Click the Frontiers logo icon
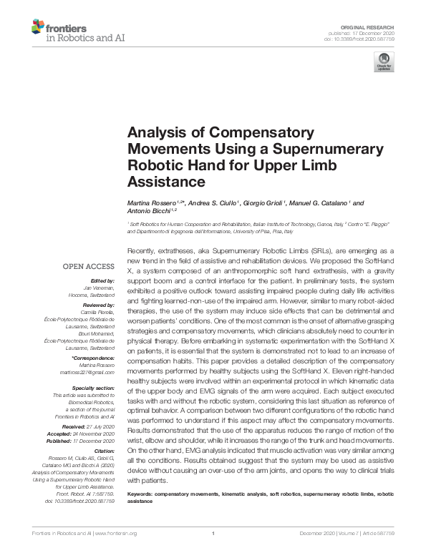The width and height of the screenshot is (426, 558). pos(38,28)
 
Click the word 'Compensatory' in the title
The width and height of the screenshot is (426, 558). pos(243,132)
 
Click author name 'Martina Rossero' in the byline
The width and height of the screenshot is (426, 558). pos(152,203)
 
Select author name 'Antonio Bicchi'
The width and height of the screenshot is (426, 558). pos(147,211)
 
